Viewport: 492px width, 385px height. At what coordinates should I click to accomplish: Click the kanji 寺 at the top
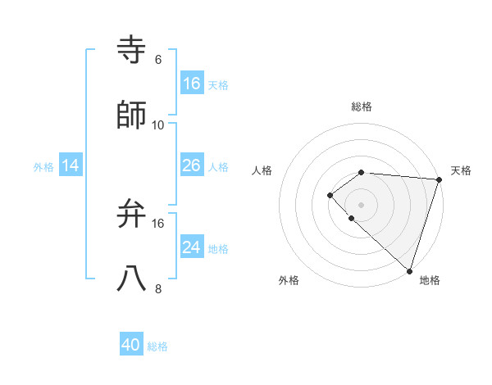click(x=132, y=50)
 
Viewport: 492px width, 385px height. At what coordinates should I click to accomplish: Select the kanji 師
click(x=132, y=115)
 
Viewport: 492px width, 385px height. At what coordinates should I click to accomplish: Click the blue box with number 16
click(x=192, y=84)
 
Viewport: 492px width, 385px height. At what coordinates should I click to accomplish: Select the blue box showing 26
click(x=192, y=165)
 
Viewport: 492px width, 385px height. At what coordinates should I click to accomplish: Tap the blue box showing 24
click(x=192, y=247)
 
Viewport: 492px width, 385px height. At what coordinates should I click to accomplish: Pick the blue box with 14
click(x=71, y=165)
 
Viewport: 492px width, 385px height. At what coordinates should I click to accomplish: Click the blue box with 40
click(x=131, y=346)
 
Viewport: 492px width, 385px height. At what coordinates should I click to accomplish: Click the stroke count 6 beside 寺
click(x=158, y=60)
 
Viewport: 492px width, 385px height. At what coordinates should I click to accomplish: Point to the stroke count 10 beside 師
click(x=158, y=125)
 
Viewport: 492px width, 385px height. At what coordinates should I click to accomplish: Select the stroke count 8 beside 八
click(x=158, y=289)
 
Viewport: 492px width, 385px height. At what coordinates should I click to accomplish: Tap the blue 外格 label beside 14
click(x=43, y=167)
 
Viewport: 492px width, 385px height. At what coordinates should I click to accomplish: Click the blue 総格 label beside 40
click(x=157, y=347)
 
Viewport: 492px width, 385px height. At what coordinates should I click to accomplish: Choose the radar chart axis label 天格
click(x=461, y=170)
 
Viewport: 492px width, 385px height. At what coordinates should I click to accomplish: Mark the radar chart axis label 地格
click(x=430, y=280)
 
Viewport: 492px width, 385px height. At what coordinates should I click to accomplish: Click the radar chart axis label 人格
click(x=262, y=170)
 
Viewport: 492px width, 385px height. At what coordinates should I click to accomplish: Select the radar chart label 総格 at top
click(x=361, y=106)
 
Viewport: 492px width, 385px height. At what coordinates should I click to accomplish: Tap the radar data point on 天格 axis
click(x=439, y=179)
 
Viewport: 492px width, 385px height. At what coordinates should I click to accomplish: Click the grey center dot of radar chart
click(x=361, y=204)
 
